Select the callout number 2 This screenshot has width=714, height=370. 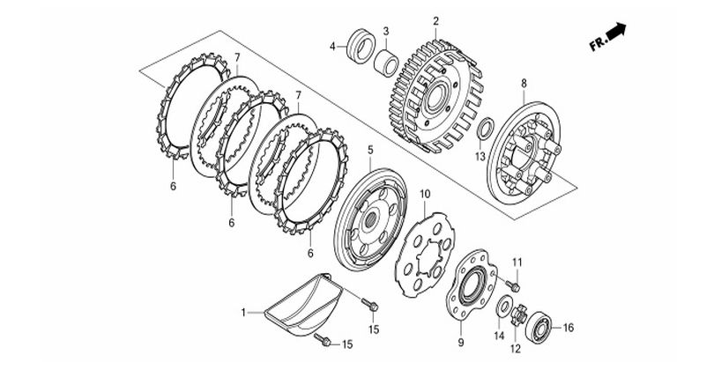[x=435, y=21]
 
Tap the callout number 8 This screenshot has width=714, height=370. [x=524, y=84]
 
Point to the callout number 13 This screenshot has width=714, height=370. [x=481, y=157]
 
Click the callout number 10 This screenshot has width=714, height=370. [x=425, y=195]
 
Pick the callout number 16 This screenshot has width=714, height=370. [x=569, y=328]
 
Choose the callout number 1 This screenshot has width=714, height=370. [x=243, y=313]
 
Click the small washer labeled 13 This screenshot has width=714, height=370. [x=484, y=129]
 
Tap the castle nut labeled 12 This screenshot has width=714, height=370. [x=518, y=314]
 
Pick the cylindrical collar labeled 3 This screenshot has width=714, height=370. [x=386, y=63]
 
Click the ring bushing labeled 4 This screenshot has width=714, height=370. [x=361, y=46]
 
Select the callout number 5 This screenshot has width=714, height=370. [x=370, y=150]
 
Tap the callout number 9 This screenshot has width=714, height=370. [x=461, y=342]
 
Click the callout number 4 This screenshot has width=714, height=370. [x=332, y=47]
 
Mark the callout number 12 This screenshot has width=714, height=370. [x=516, y=349]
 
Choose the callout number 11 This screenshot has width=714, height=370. [x=517, y=263]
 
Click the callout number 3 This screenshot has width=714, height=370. [x=386, y=31]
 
